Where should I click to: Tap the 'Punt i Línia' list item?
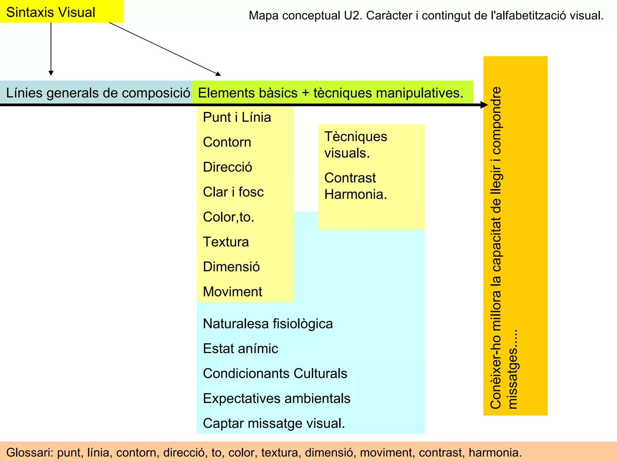[x=237, y=117]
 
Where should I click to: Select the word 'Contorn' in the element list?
[x=227, y=142]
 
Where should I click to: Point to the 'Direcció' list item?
[x=227, y=167]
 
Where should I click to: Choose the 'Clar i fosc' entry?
[x=233, y=192]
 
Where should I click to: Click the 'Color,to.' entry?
[x=228, y=217]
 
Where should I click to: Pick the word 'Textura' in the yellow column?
[x=226, y=242]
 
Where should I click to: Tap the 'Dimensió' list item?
[x=231, y=267]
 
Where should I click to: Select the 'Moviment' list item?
[x=232, y=292]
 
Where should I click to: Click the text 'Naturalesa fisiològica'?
[x=268, y=324]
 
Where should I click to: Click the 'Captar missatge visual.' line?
[x=274, y=423]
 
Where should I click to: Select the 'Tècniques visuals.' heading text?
[x=355, y=145]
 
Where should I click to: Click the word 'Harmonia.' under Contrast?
[x=355, y=195]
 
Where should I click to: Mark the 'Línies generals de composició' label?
[x=98, y=93]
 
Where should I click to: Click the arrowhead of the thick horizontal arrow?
[x=484, y=105]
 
